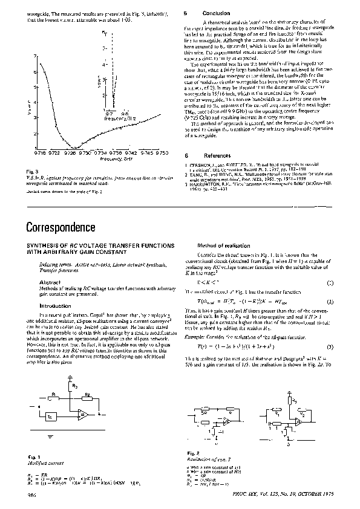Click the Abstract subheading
coord(48,282)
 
